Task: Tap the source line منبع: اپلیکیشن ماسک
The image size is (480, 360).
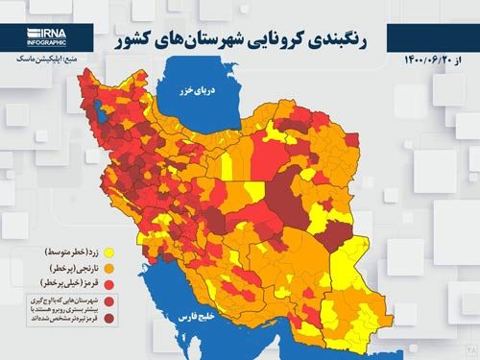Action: (43, 59)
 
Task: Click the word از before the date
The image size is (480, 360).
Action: (468, 60)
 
